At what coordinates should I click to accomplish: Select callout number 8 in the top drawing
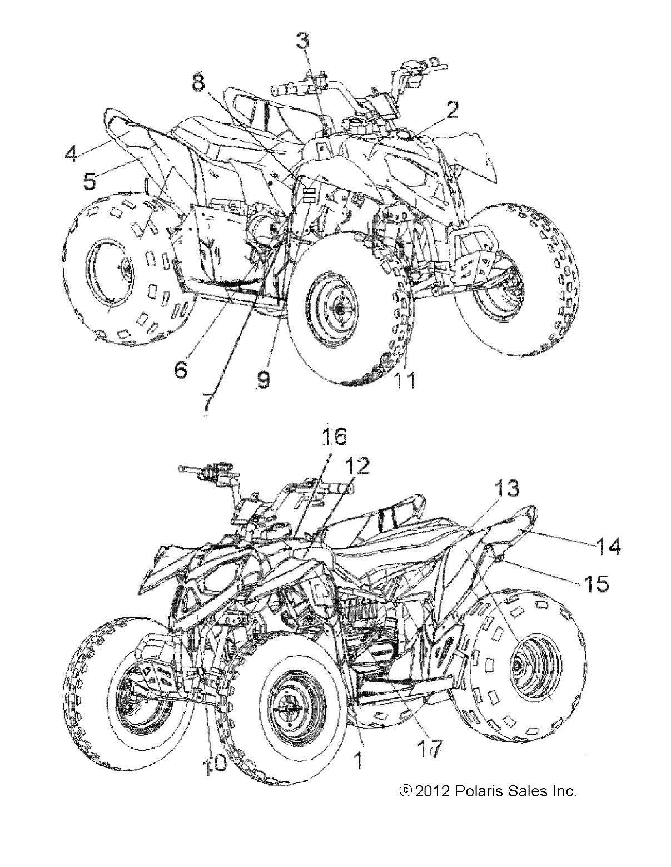point(199,83)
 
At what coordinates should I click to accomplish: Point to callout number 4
point(71,153)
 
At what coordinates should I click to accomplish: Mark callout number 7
point(207,400)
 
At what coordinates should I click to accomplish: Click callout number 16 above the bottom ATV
point(334,437)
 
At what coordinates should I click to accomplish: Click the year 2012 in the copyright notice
point(431,791)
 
